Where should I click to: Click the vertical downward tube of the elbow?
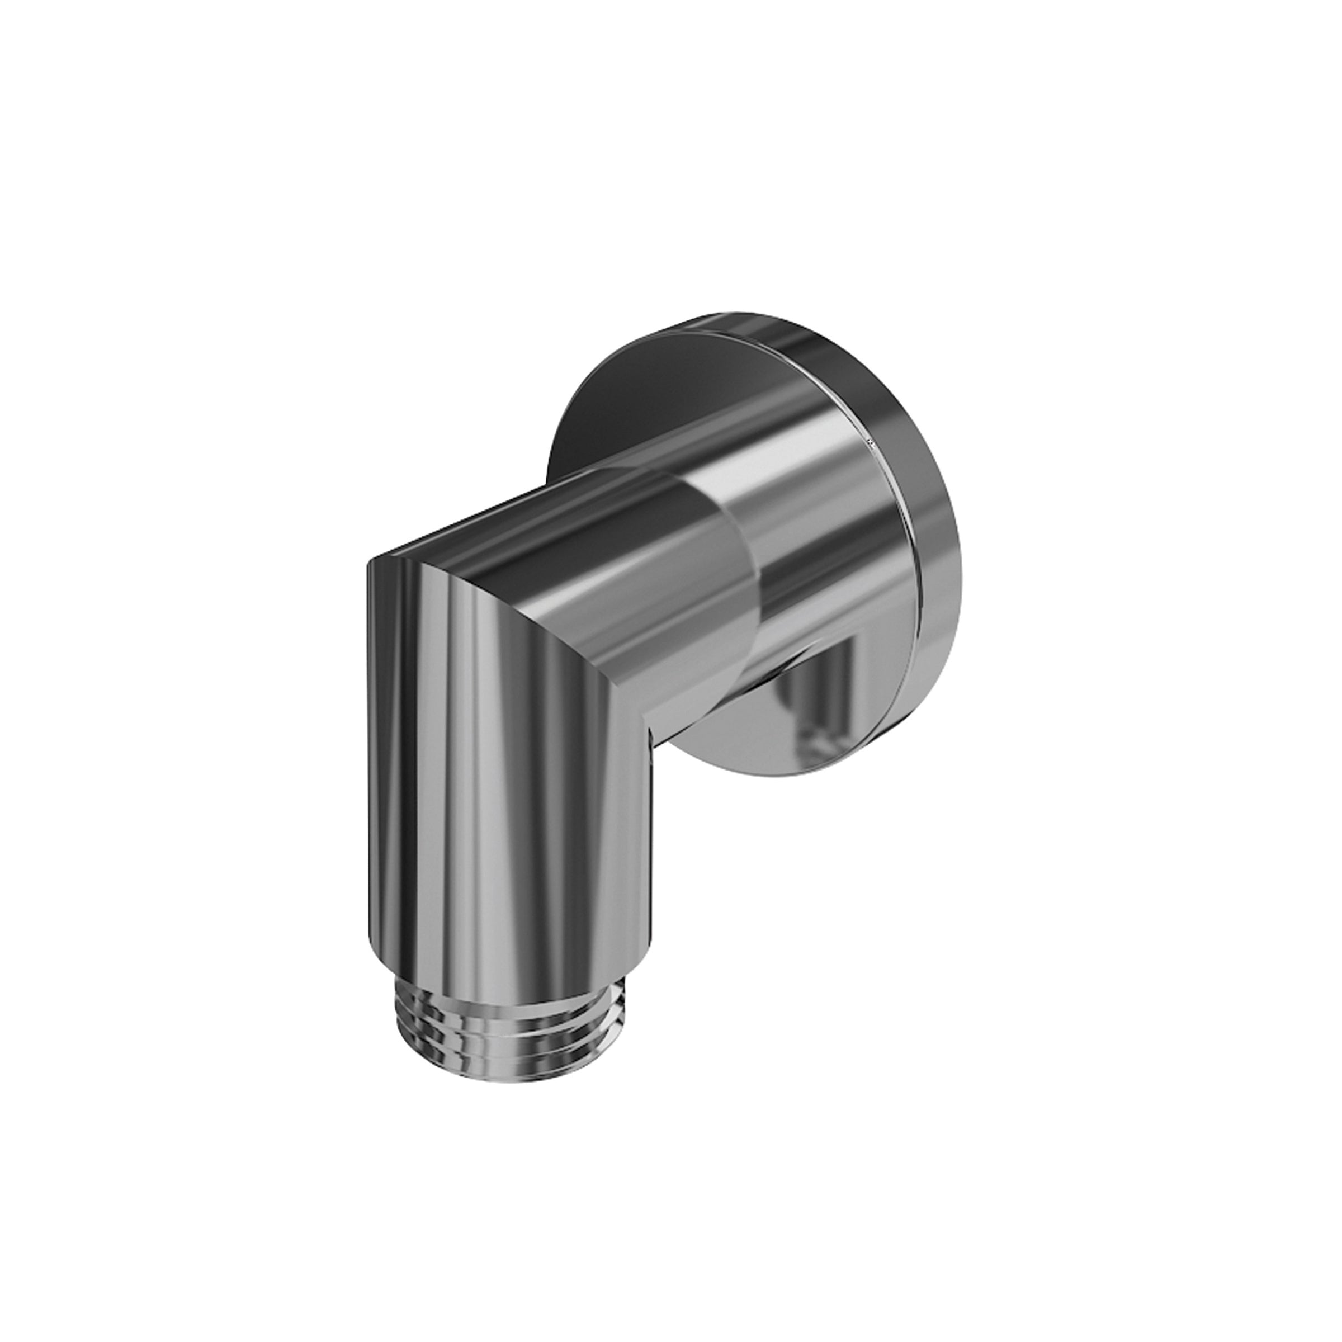pos(507,799)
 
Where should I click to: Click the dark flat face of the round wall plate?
pos(625,410)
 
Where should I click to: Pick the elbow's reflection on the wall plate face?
pos(826,702)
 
